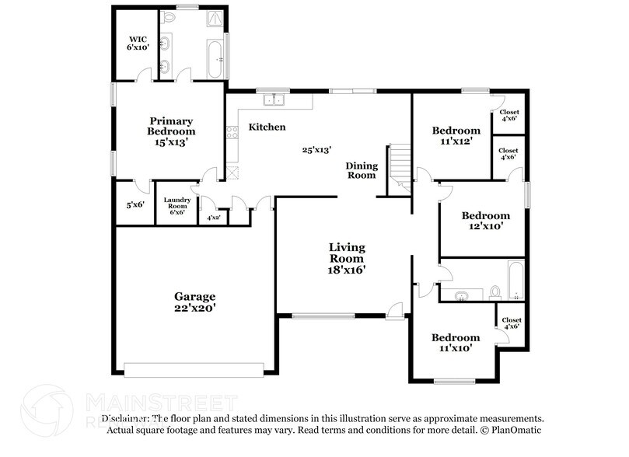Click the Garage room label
[x=194, y=302]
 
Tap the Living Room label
[x=346, y=258]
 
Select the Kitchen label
[x=267, y=127]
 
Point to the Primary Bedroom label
[x=171, y=131]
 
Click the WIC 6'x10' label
[x=137, y=42]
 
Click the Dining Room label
[x=362, y=170]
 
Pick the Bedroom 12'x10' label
[x=485, y=221]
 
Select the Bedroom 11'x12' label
[x=456, y=135]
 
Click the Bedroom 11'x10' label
[x=456, y=342]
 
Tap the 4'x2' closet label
[x=212, y=218]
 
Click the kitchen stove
[x=231, y=133]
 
